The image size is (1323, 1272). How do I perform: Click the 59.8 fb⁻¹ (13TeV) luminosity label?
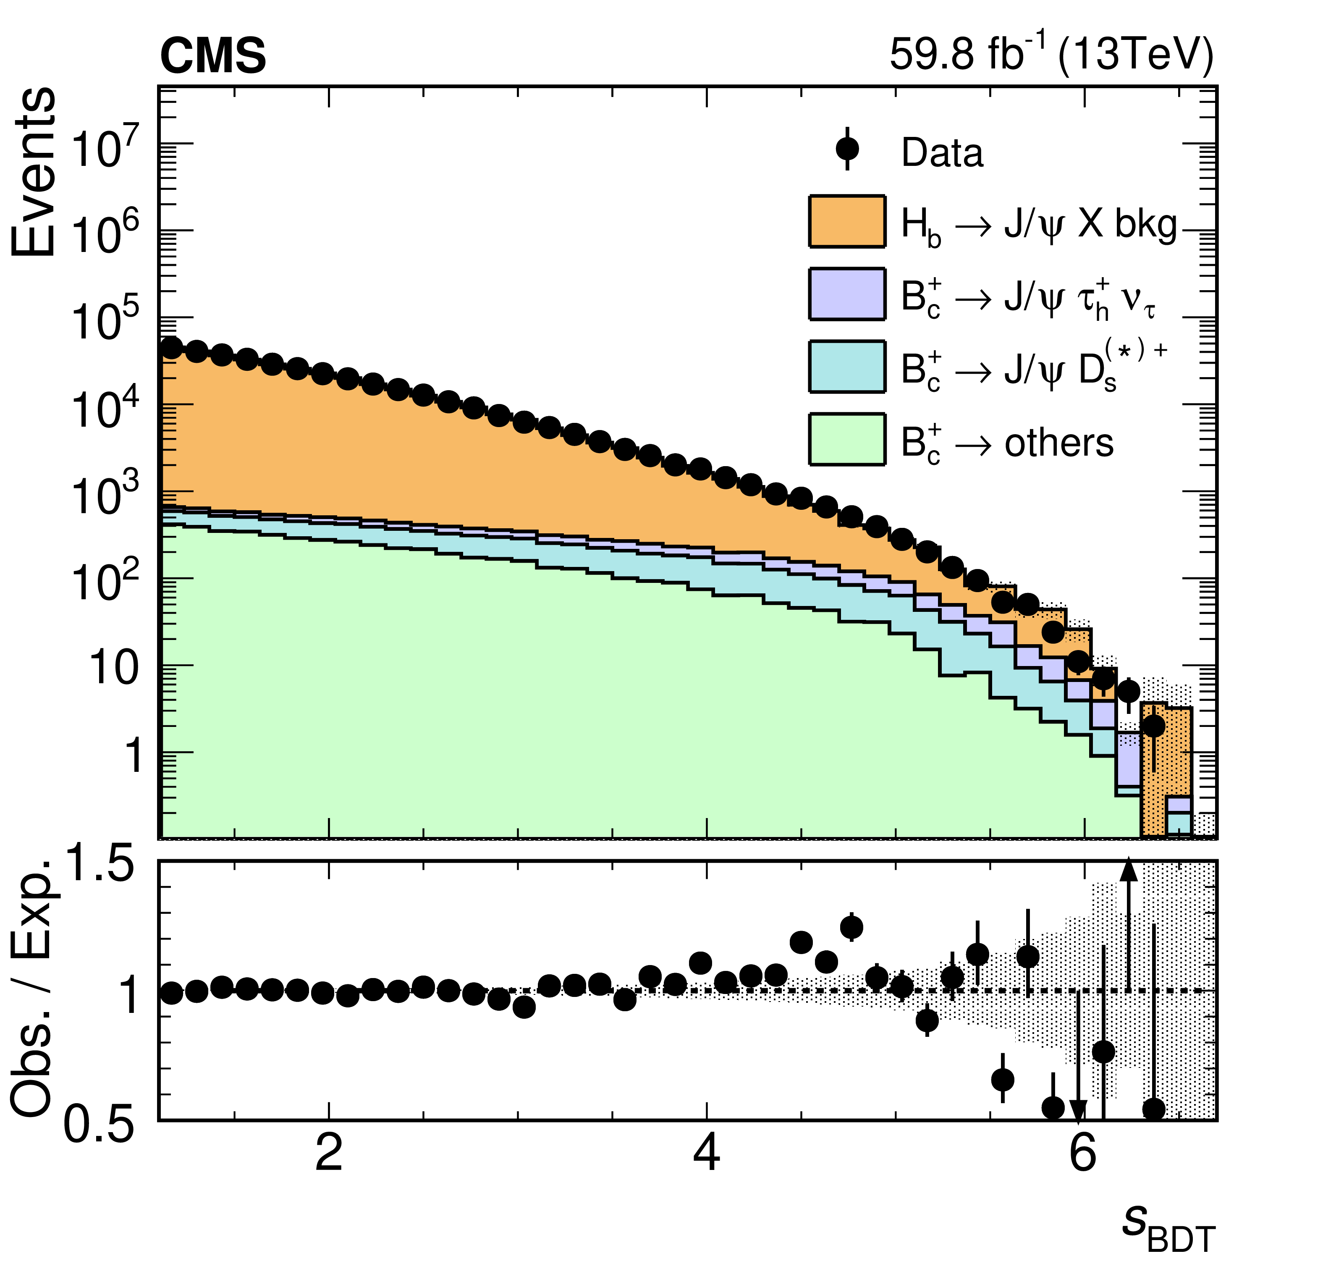1051,54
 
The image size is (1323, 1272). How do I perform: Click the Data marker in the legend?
846,149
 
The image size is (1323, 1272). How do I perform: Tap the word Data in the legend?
942,153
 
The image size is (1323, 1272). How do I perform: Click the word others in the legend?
1059,443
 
